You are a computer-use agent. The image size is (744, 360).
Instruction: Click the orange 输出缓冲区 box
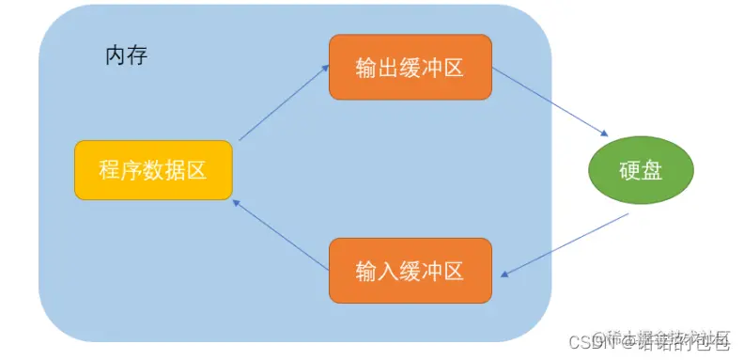click(x=411, y=67)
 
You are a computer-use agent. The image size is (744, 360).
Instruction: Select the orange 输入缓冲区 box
click(x=411, y=272)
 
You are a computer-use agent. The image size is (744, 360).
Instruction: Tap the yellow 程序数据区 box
click(x=152, y=170)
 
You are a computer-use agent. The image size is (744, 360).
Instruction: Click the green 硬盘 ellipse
click(x=642, y=170)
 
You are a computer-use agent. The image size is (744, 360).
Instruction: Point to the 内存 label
click(x=126, y=55)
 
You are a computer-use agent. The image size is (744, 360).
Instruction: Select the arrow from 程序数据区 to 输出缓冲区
click(x=283, y=103)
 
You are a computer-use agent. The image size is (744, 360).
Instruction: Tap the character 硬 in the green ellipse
click(x=630, y=170)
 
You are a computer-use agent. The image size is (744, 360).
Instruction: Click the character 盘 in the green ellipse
click(x=653, y=170)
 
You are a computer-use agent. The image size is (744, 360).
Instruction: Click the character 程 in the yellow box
click(x=108, y=170)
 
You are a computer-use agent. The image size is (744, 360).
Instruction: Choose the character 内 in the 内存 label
click(x=115, y=55)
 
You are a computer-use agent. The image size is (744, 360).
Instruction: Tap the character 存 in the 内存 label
click(x=137, y=55)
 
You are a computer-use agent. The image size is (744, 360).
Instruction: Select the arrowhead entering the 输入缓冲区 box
click(x=504, y=274)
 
